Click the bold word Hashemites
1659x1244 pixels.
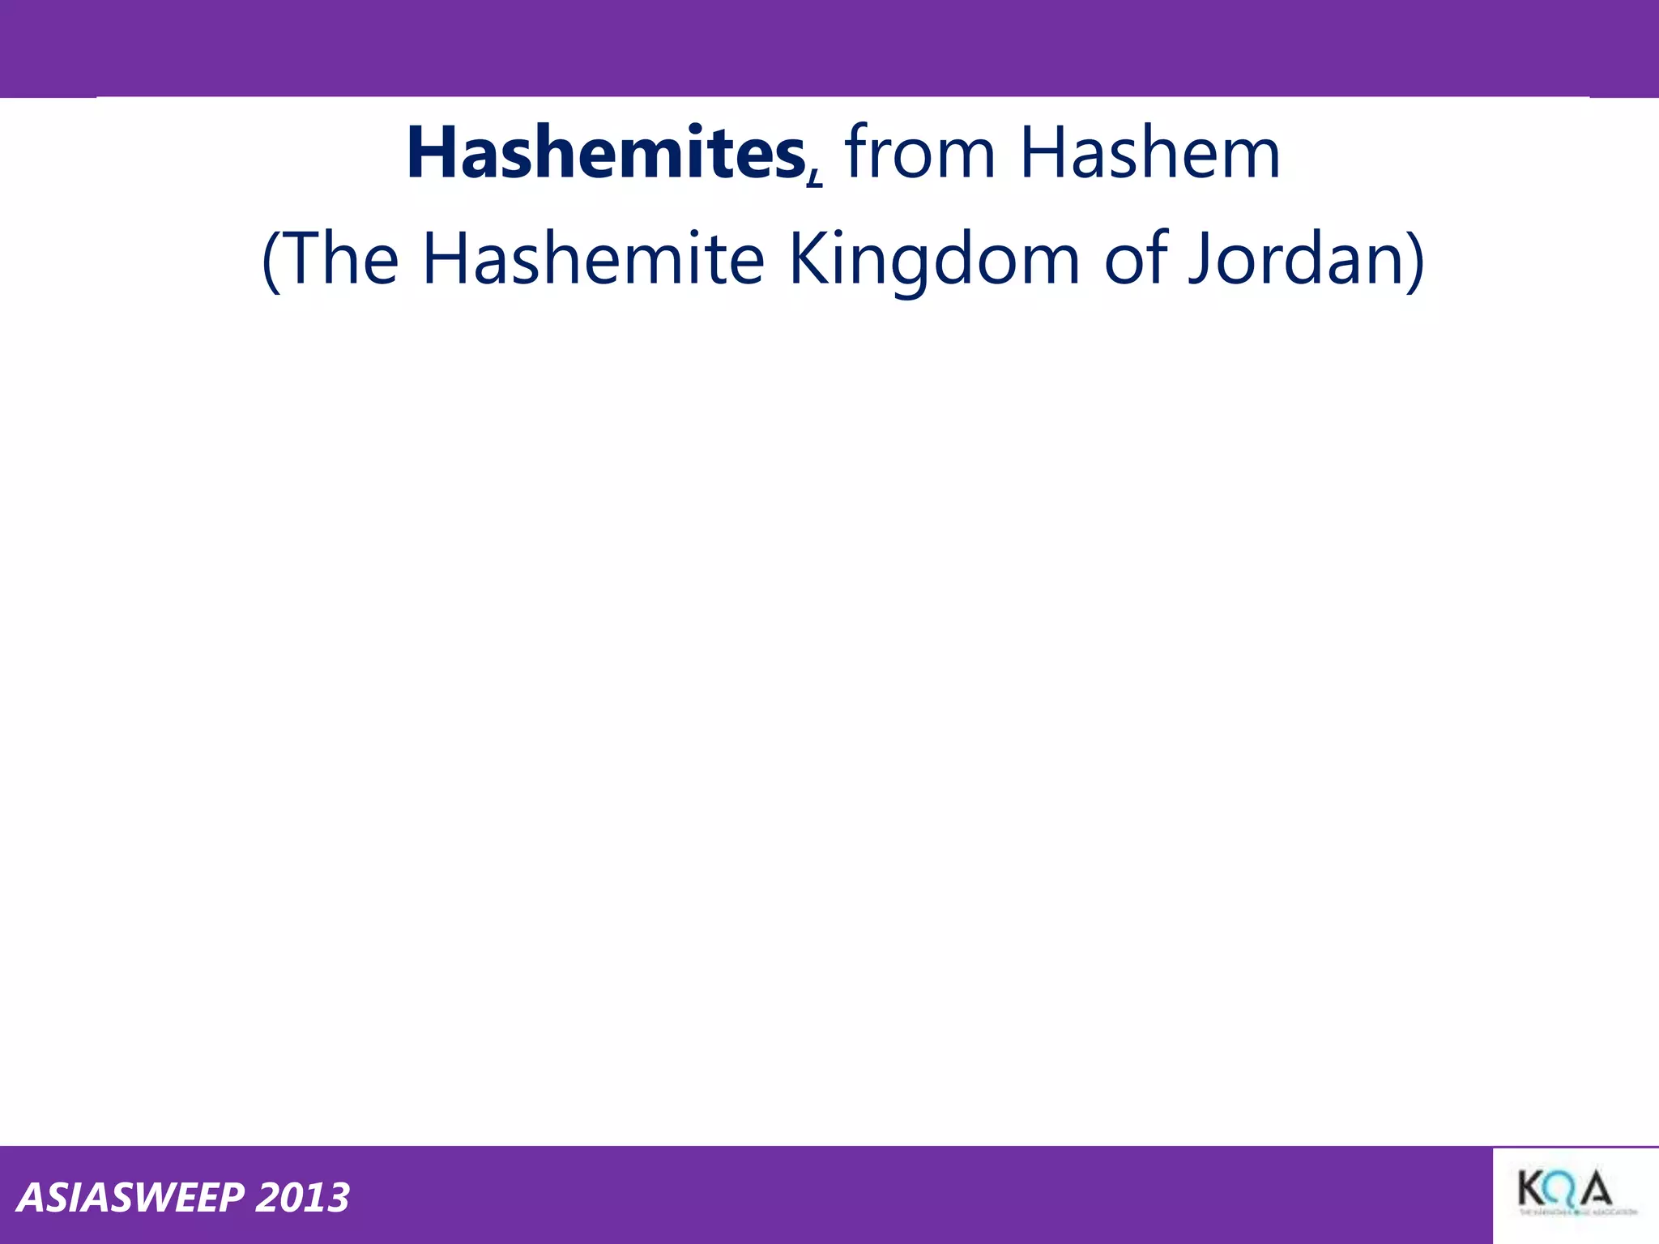605,154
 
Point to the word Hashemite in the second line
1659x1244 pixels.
593,259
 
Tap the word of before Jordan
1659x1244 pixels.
1137,259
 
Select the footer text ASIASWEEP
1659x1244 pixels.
130,1198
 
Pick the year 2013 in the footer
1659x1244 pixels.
302,1198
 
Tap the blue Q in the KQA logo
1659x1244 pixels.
1563,1191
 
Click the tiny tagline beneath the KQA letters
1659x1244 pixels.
1576,1212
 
